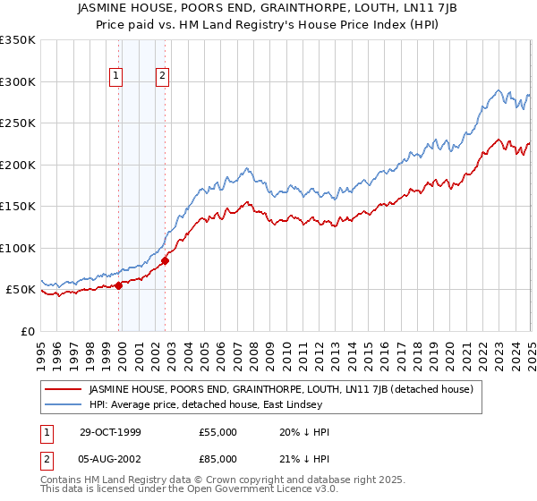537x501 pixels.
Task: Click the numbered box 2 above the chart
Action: point(162,76)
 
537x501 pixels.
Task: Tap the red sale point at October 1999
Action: point(119,285)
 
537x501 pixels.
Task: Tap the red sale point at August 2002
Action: point(165,261)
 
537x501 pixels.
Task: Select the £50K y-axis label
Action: point(21,290)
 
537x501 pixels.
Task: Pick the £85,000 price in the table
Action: point(217,463)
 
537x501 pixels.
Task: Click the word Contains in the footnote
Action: point(63,481)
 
